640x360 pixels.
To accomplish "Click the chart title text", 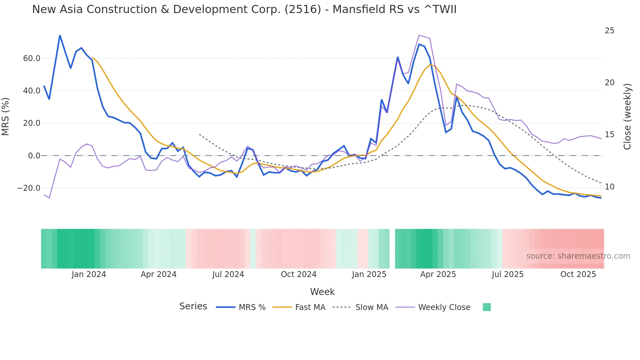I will pos(244,9).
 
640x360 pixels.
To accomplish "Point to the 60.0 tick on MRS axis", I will pos(32,58).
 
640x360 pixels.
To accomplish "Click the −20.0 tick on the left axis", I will pos(29,188).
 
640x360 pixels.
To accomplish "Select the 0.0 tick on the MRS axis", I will pos(34,156).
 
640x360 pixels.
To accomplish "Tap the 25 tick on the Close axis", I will pos(609,31).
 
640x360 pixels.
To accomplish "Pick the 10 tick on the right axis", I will pos(609,187).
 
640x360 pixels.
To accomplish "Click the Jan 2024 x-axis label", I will pos(89,274).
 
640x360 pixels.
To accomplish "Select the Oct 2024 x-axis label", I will pos(298,274).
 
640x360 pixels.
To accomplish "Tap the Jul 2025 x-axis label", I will pos(507,274).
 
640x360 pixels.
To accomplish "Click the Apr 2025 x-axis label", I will pos(438,274).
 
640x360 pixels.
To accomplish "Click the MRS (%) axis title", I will pos(6,117).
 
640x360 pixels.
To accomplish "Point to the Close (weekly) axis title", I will pos(627,117).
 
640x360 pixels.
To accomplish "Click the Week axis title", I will pos(322,292).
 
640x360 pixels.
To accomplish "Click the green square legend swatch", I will pos(487,307).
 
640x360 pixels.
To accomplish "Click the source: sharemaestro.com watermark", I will pos(578,256).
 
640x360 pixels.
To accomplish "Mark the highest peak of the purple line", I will pos(419,35).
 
